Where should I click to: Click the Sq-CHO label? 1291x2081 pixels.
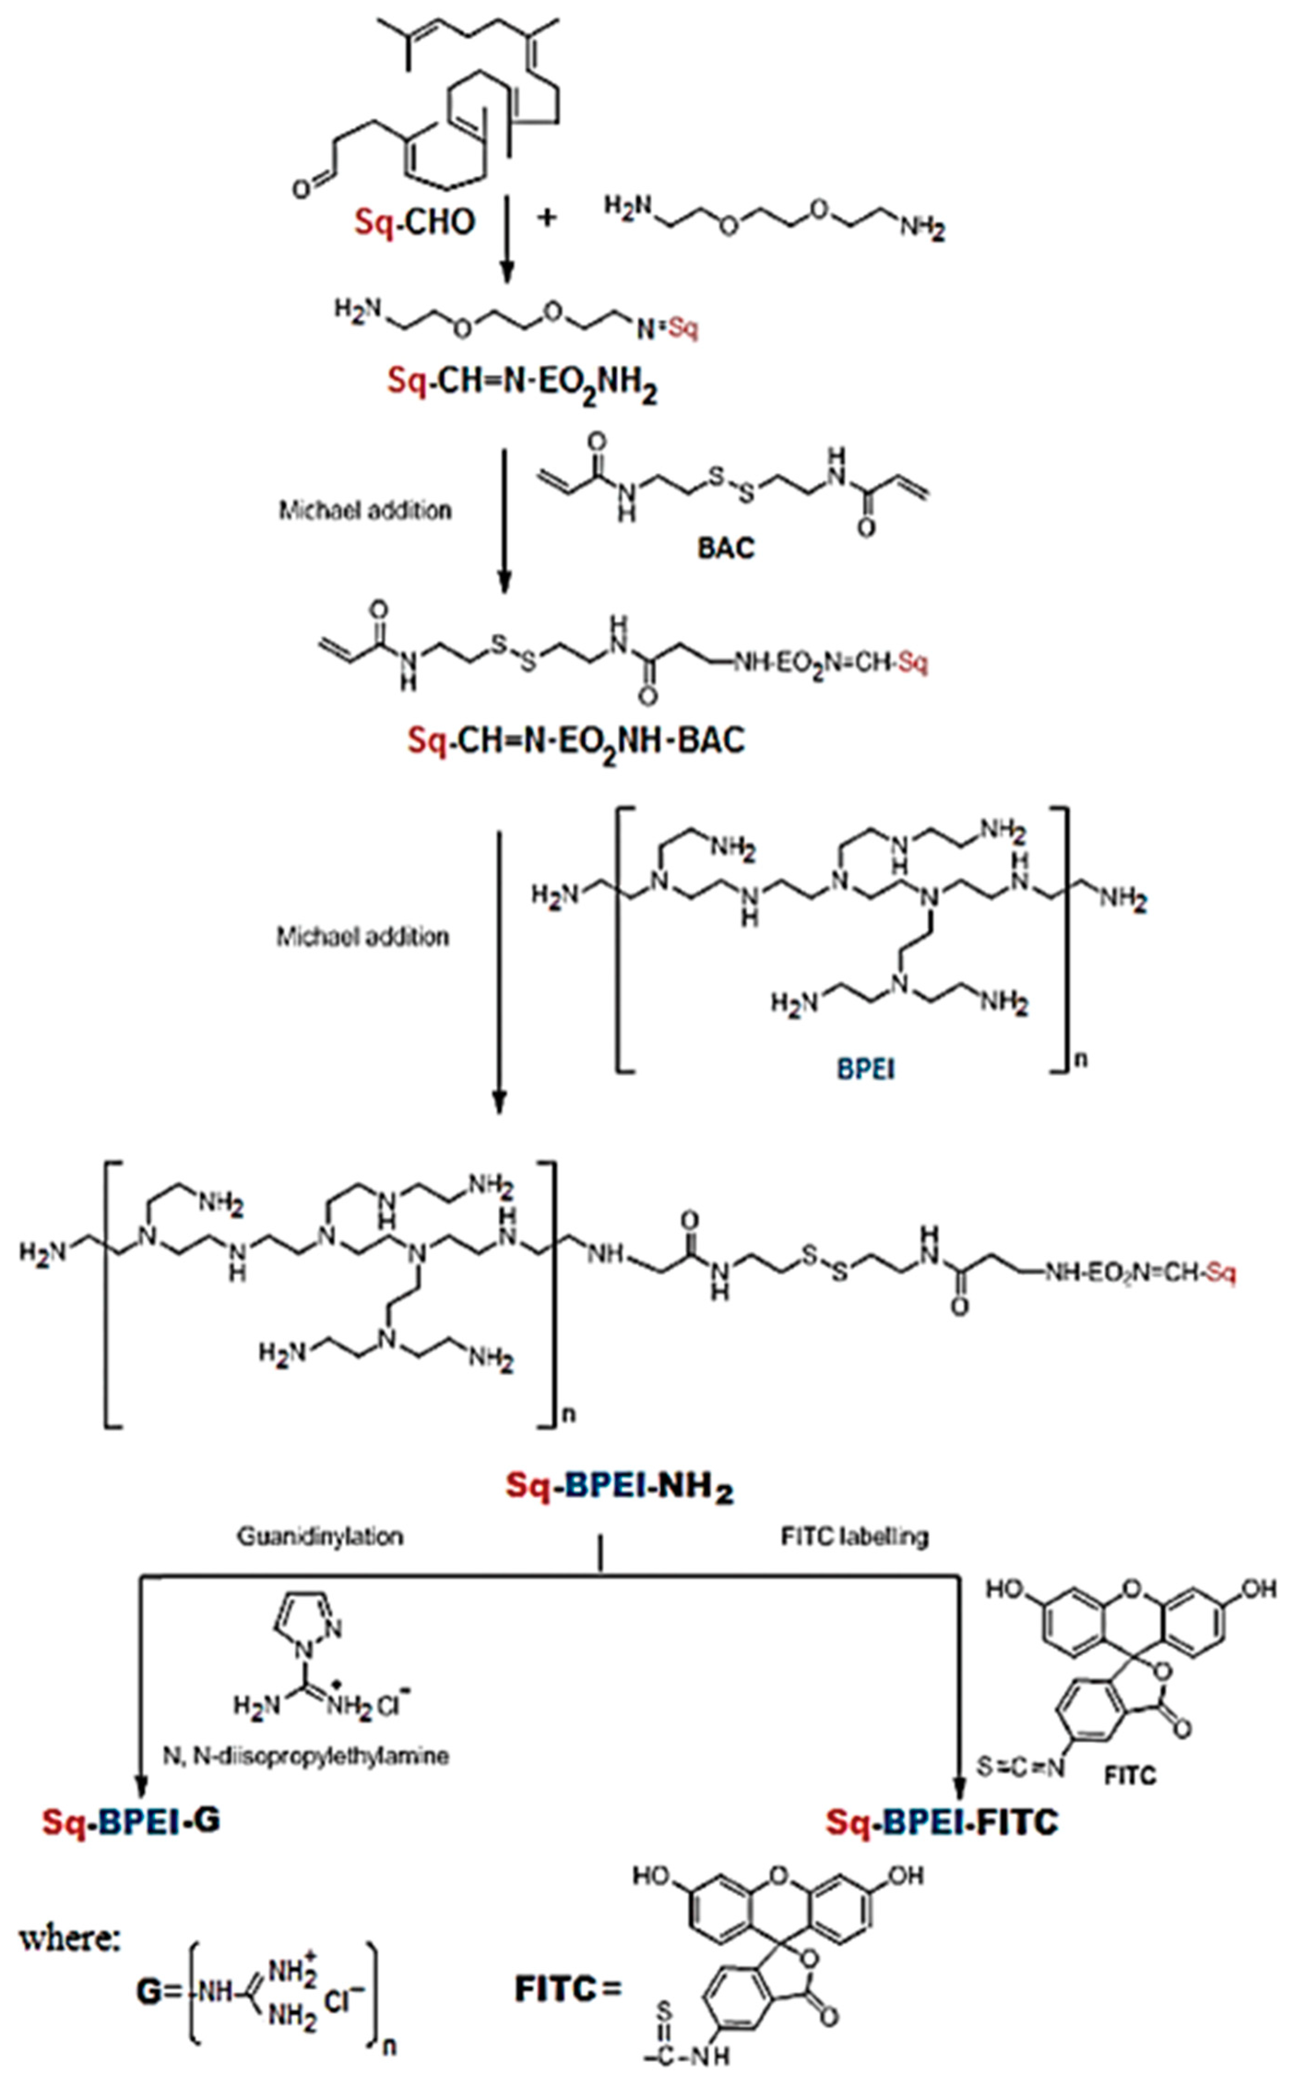[x=414, y=222]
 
